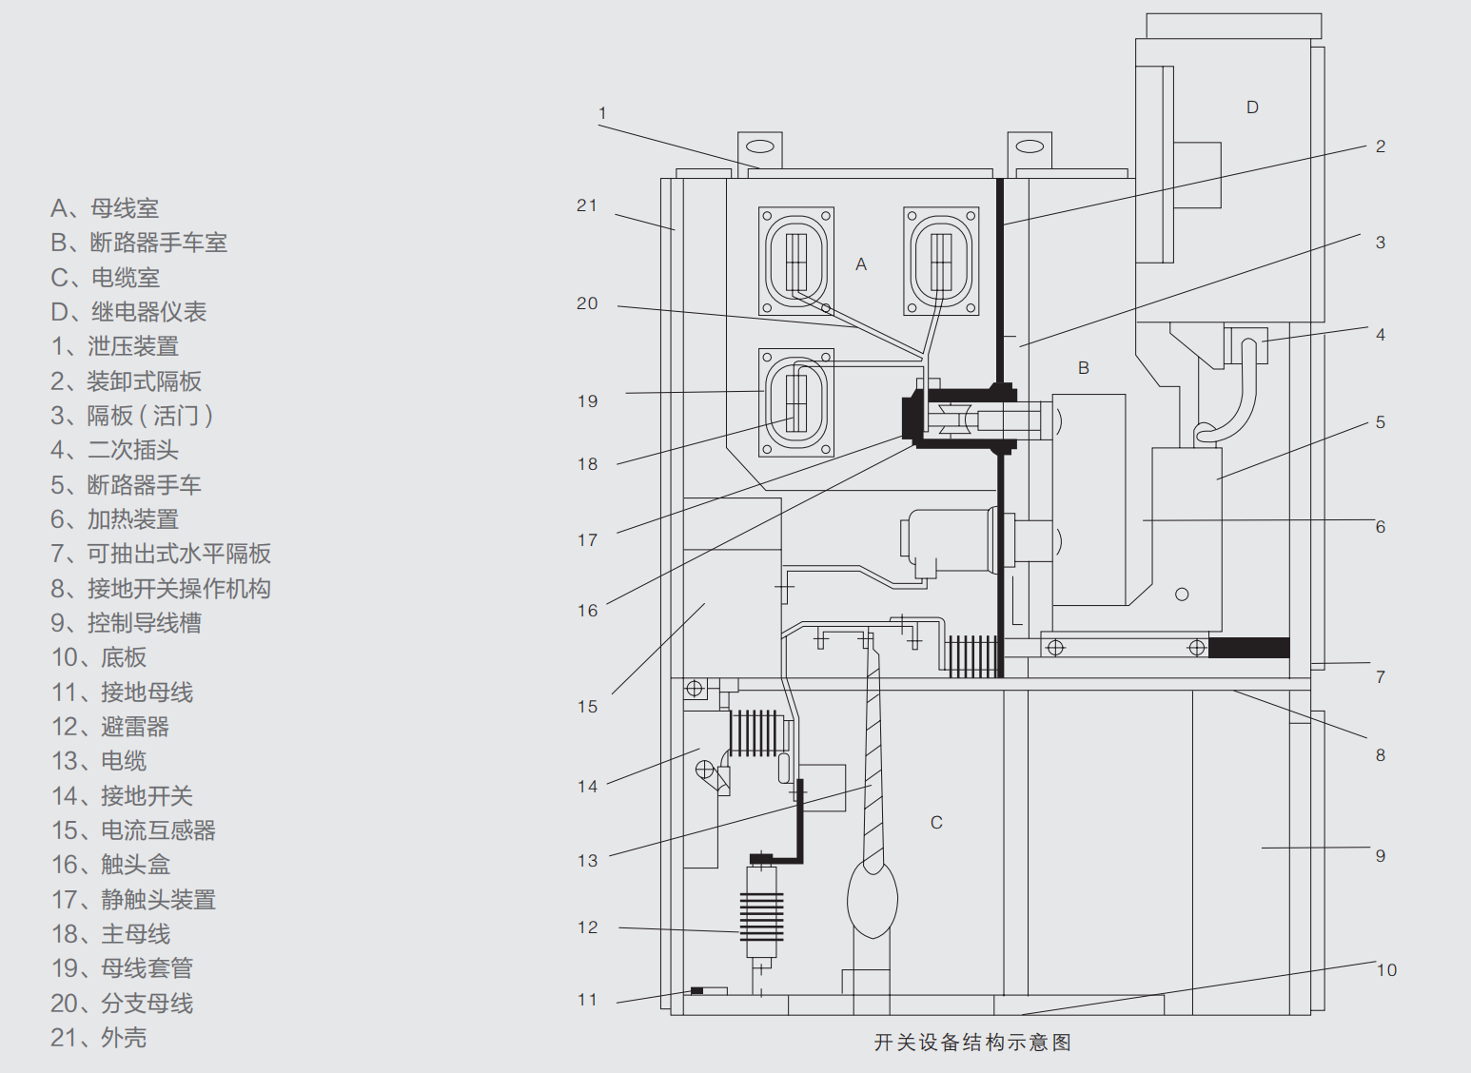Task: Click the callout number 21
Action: [x=587, y=205]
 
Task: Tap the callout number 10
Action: [x=1386, y=970]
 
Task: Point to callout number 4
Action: [x=1381, y=335]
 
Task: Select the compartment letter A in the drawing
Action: [x=861, y=264]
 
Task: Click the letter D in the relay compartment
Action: [x=1252, y=107]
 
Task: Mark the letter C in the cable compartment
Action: [x=936, y=823]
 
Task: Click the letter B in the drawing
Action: [x=1083, y=368]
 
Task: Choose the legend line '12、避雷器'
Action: [x=110, y=727]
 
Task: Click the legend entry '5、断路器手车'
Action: [x=126, y=485]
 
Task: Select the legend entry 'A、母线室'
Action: [x=105, y=208]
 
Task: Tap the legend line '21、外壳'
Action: [x=99, y=1038]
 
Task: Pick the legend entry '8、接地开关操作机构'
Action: [x=161, y=589]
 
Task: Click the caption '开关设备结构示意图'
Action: [x=972, y=1043]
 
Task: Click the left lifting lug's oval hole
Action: [x=759, y=147]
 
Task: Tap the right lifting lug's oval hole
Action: [x=1030, y=146]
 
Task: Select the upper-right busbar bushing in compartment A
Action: [x=940, y=261]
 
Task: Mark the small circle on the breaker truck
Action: [x=1182, y=595]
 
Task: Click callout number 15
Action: [x=587, y=707]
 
